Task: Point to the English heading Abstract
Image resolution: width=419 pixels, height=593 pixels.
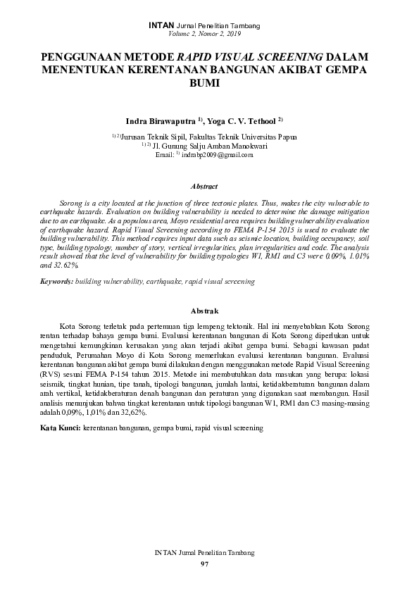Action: [x=204, y=187]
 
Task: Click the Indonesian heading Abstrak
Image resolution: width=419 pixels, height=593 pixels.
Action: [x=204, y=311]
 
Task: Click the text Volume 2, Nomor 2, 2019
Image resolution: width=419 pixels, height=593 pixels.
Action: [x=204, y=34]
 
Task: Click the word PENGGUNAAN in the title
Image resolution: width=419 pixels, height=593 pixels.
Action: [x=84, y=56]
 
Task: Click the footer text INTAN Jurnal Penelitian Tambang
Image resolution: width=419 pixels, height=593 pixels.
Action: [x=204, y=554]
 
